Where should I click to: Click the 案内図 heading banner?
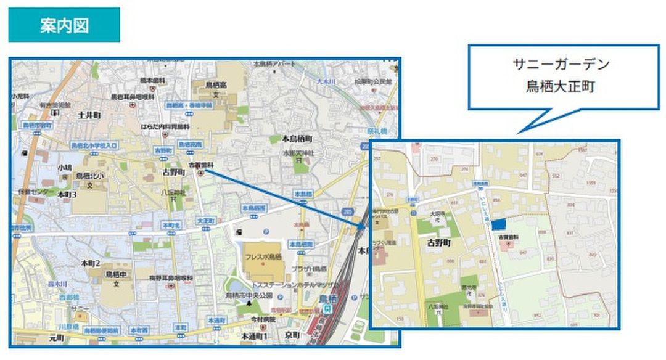click(64, 25)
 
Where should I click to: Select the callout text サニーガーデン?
click(561, 63)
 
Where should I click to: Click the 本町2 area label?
click(91, 263)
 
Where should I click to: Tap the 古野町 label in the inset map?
click(440, 243)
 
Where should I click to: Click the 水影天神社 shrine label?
click(298, 152)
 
